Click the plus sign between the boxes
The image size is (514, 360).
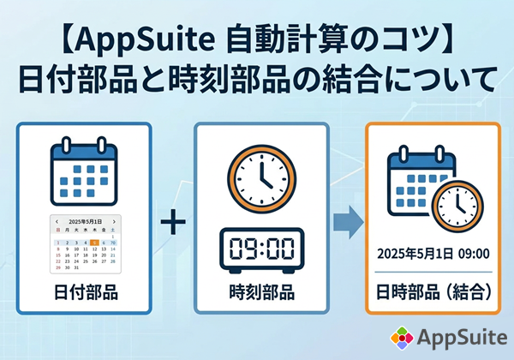(x=173, y=224)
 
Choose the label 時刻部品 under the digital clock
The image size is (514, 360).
(x=261, y=294)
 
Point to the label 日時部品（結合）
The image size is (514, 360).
(x=432, y=294)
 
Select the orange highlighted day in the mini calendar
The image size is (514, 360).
(x=93, y=243)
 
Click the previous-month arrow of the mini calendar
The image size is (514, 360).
(x=57, y=221)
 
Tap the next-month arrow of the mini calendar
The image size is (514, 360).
(x=115, y=221)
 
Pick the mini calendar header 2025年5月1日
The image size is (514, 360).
(x=85, y=221)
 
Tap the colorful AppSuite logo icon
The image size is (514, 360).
(x=399, y=338)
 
